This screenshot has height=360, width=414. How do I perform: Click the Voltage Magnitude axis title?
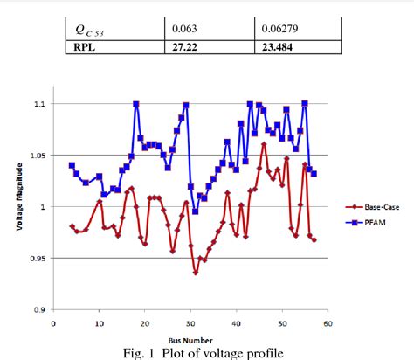(20, 206)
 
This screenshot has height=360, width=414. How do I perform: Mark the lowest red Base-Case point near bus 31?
(196, 273)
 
